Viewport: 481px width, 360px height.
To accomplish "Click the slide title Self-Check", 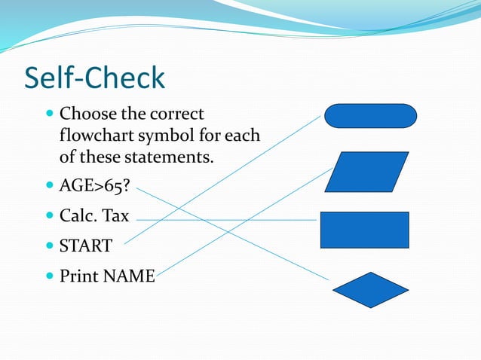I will coord(94,78).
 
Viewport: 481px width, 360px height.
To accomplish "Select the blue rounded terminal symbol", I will coord(370,116).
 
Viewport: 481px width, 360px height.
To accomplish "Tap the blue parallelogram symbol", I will coord(370,171).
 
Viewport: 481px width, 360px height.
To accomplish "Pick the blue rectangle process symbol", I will coord(365,230).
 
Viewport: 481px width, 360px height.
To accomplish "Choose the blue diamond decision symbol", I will coord(370,290).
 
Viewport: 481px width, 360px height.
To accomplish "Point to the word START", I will coord(86,246).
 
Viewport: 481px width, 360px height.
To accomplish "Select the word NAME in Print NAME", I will coord(129,276).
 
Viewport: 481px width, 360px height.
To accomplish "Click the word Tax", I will coord(115,216).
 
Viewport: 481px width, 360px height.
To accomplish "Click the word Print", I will coord(79,276).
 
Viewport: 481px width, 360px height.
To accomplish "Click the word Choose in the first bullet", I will coord(84,115).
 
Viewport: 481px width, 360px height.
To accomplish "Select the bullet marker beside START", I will coord(50,245).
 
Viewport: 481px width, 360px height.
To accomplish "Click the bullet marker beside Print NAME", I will coord(50,276).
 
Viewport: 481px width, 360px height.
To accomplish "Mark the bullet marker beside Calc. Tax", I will coord(50,215).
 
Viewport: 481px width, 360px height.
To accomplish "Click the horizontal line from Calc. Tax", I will coord(226,220).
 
